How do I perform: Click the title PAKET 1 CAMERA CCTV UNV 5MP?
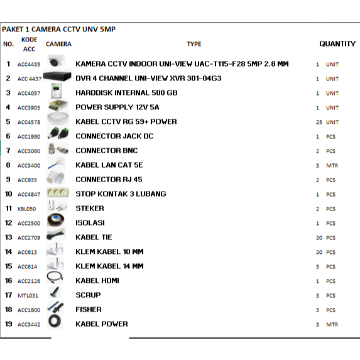[58, 30]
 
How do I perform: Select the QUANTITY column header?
[337, 44]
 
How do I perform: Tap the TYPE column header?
[194, 44]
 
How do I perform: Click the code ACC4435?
[29, 64]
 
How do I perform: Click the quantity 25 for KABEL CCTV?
[319, 122]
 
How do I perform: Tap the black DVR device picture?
[57, 77]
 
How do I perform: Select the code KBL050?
[27, 209]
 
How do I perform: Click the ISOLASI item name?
[90, 223]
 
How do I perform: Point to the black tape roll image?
[57, 222]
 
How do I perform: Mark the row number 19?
[8, 324]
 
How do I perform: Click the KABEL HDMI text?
[97, 281]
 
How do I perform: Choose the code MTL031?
[28, 295]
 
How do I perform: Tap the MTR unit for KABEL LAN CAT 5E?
[332, 165]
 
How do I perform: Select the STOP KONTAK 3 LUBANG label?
[121, 194]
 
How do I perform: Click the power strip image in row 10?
[57, 194]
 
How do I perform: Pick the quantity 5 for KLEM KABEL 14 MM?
[319, 266]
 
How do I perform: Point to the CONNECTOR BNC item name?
[106, 151]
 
